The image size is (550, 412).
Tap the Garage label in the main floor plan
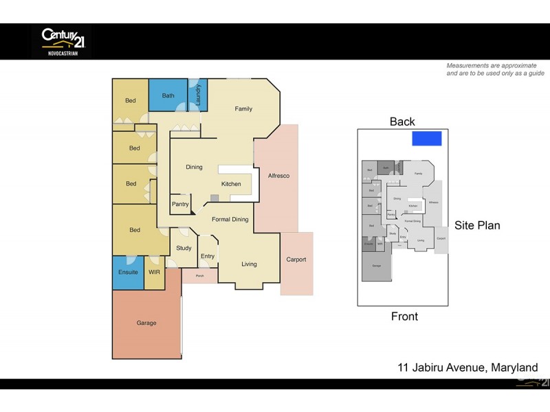coord(146,323)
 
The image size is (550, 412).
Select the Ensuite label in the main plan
coord(128,273)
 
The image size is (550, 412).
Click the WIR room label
coord(154,273)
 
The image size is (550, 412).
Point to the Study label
coord(184,249)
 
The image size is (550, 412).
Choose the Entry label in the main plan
coord(208,256)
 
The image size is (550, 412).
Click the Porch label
coord(199,276)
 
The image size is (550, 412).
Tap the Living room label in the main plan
coord(248,264)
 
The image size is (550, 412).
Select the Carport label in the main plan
coord(296,260)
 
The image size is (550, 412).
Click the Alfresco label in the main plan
coord(278,176)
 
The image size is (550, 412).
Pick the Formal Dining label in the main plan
coord(230,219)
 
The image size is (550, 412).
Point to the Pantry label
coord(180,204)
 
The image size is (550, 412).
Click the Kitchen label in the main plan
coord(231,184)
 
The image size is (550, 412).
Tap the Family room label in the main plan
coord(243,108)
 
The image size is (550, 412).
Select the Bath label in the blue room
coord(168,95)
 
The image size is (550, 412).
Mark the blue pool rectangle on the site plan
coord(426,139)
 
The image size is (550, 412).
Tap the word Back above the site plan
coord(402,122)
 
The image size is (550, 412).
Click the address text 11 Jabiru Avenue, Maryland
coord(468,367)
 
